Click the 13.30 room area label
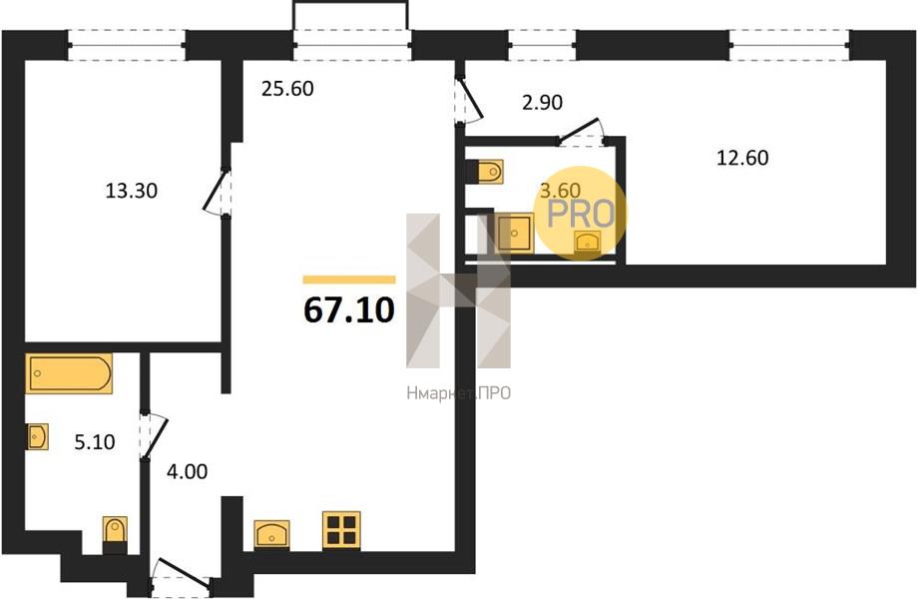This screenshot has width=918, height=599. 131,191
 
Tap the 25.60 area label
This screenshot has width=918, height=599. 287,89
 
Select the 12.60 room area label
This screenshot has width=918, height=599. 742,158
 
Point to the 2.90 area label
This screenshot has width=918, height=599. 542,103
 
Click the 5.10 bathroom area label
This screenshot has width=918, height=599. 95,442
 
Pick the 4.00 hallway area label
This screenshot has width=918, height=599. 188,471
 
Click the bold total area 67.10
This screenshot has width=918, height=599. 349,310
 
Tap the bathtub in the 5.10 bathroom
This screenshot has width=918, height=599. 69,373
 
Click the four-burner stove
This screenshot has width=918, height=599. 341,530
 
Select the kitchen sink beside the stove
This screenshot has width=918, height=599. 271,534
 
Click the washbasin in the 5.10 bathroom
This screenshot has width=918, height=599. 38,437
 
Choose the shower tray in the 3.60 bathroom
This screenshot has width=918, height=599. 515,233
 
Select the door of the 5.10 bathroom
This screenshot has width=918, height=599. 154,436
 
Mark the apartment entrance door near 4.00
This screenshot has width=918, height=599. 181,574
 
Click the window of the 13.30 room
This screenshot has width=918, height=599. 127,45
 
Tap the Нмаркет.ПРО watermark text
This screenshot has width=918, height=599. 458,393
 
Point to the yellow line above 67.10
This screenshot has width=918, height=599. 349,280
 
